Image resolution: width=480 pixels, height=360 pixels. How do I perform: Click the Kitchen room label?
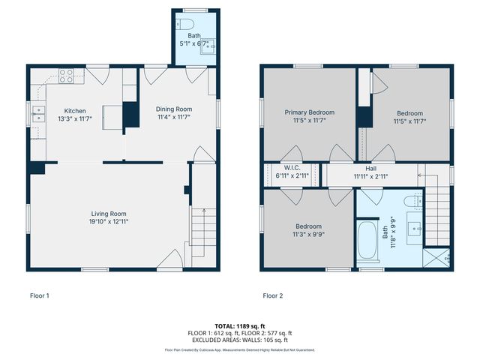(75, 110)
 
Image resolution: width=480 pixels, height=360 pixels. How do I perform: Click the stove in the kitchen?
(66, 75)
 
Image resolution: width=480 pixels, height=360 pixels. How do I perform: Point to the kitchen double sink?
(38, 114)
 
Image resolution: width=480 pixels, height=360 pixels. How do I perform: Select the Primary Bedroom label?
(309, 112)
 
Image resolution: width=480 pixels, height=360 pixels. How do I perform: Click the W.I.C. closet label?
(292, 167)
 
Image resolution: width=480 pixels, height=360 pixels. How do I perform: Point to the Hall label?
(370, 169)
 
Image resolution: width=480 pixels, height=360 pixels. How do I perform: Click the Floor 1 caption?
(39, 295)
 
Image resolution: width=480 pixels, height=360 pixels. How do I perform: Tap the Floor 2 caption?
(272, 295)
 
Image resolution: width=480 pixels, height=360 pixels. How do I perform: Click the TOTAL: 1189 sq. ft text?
(240, 326)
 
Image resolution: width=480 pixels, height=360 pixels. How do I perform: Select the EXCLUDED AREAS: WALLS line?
(240, 340)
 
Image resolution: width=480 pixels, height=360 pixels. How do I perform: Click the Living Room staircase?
(198, 229)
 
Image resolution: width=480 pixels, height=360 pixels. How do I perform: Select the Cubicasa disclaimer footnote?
(240, 349)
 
